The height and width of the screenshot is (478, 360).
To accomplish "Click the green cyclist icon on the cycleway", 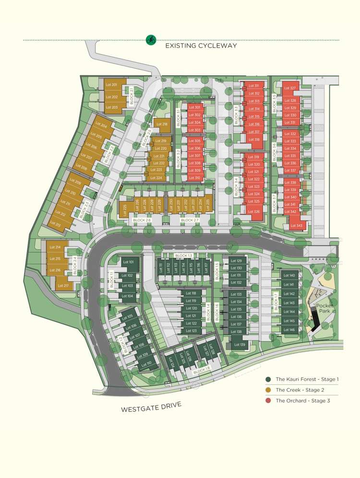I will pyautogui.click(x=151, y=40).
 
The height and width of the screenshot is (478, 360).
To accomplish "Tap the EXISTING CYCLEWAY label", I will pyautogui.click(x=201, y=46).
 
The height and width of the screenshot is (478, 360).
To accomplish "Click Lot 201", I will pyautogui.click(x=111, y=85).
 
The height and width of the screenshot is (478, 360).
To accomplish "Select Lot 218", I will pyautogui.click(x=162, y=124).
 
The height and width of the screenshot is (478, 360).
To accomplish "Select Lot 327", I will pyautogui.click(x=290, y=88).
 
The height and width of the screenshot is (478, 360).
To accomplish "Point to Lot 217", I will pyautogui.click(x=62, y=286).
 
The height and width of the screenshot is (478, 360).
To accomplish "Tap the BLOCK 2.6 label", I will pyautogui.click(x=142, y=220).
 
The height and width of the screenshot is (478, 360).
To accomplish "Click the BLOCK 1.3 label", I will pyautogui.click(x=183, y=255).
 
